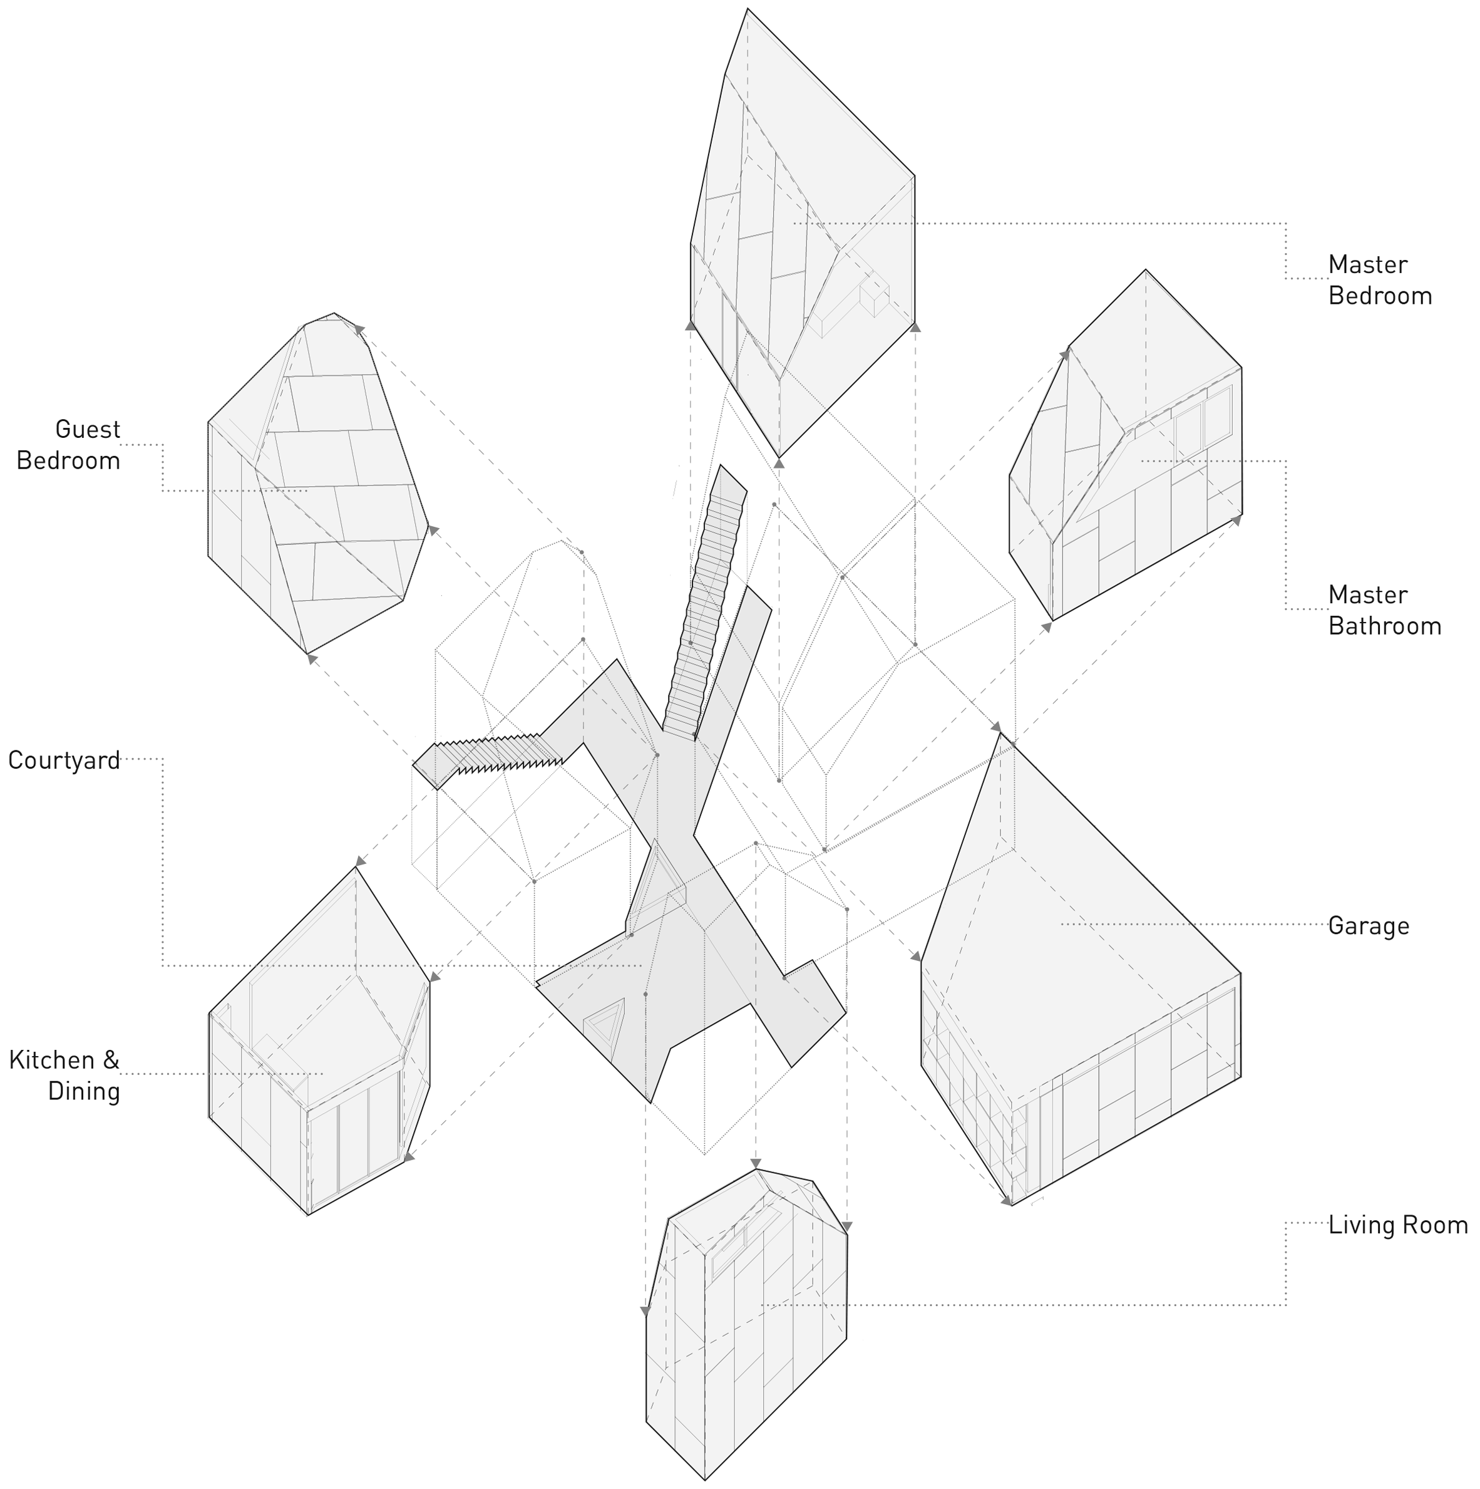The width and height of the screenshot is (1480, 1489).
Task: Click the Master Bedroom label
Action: (x=1379, y=280)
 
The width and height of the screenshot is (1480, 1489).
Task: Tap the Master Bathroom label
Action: (x=1384, y=610)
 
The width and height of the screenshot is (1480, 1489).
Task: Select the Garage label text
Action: (x=1369, y=926)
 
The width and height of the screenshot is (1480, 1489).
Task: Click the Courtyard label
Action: (x=64, y=760)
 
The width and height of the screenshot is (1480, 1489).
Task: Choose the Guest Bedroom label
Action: (x=69, y=445)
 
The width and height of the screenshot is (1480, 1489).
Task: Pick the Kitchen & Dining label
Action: (x=64, y=1075)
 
